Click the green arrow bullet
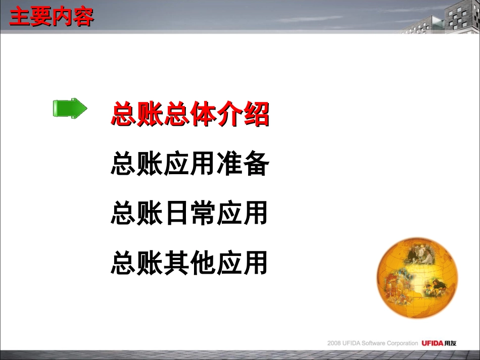click(x=70, y=109)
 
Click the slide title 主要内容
click(x=52, y=18)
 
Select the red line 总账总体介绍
click(x=189, y=115)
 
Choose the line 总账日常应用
click(x=189, y=214)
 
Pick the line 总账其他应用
click(x=189, y=263)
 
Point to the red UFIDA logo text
click(x=433, y=343)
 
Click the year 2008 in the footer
click(x=334, y=343)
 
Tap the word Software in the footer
click(x=373, y=343)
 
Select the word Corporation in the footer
click(x=402, y=343)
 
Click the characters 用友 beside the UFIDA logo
click(x=451, y=343)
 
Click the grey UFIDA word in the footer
click(x=351, y=343)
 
